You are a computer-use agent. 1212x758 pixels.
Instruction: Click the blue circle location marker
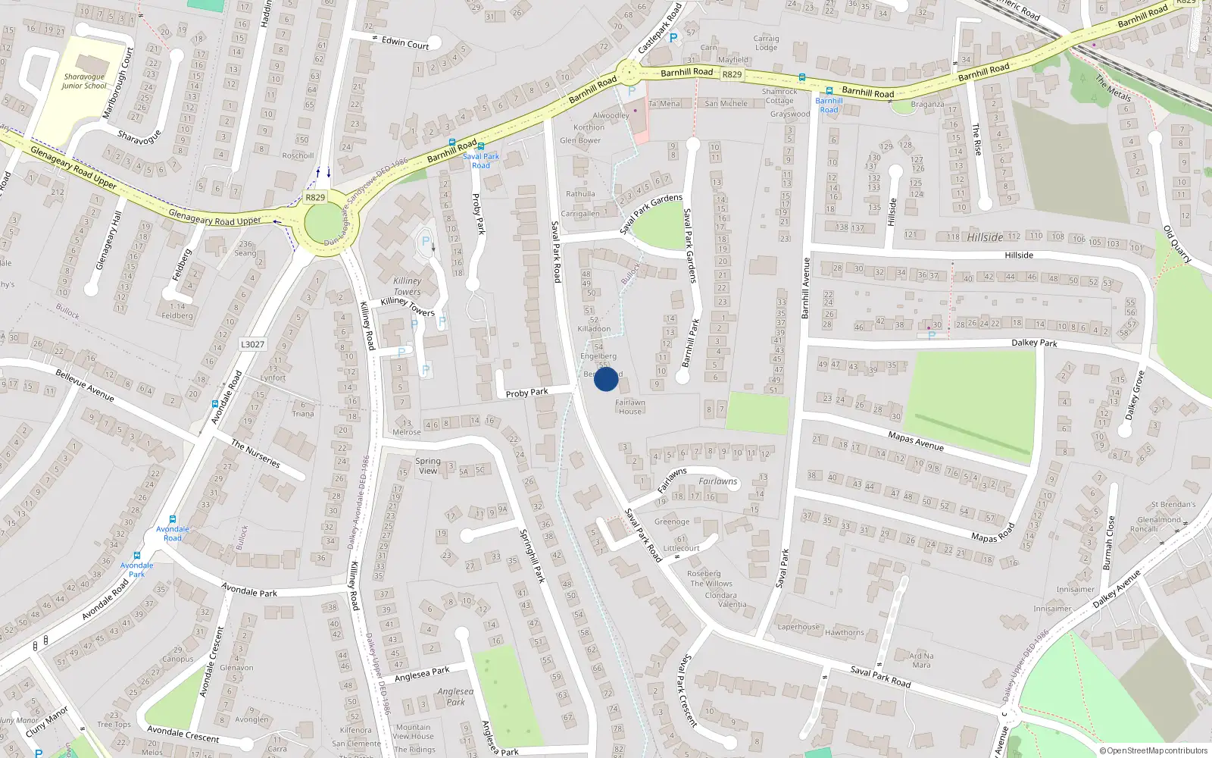[606, 379]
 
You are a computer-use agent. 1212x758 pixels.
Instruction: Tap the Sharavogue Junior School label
[84, 81]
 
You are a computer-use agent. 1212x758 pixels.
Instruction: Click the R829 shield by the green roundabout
[315, 197]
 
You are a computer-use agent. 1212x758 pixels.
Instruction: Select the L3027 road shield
[252, 344]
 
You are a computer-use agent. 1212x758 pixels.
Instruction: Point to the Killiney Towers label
[408, 286]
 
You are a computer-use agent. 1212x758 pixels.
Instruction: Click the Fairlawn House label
[629, 407]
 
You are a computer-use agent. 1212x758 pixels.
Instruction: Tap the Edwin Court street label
[405, 43]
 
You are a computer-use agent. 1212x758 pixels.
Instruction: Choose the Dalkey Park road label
[1034, 343]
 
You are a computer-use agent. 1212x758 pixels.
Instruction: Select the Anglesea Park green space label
[455, 697]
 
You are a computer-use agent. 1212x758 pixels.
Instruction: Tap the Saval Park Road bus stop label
[481, 161]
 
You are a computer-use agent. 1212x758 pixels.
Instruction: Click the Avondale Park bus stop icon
[137, 556]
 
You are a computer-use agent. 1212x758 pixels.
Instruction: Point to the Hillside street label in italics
[985, 237]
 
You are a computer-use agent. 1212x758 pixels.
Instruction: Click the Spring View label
[428, 465]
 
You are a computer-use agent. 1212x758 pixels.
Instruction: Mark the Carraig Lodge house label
[766, 42]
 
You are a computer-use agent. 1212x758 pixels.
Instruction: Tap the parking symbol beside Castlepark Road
[673, 37]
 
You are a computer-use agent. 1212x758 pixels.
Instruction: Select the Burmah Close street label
[1108, 543]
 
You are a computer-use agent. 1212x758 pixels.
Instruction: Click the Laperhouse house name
[798, 627]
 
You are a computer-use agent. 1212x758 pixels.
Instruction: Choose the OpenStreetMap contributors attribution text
[1154, 750]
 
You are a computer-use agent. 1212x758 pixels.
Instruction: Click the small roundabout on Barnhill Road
[627, 74]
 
